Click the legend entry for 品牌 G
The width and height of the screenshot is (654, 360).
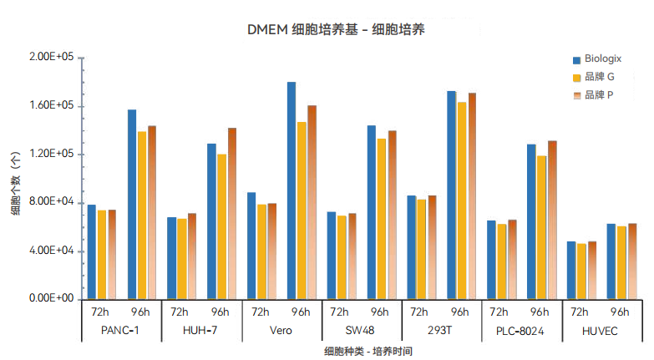click(x=599, y=78)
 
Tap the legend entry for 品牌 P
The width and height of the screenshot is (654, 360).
click(x=599, y=95)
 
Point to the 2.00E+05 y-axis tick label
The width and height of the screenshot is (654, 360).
click(x=52, y=58)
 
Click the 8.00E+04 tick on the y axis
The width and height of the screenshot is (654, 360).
click(x=52, y=203)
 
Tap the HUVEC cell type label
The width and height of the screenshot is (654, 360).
click(x=601, y=330)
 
